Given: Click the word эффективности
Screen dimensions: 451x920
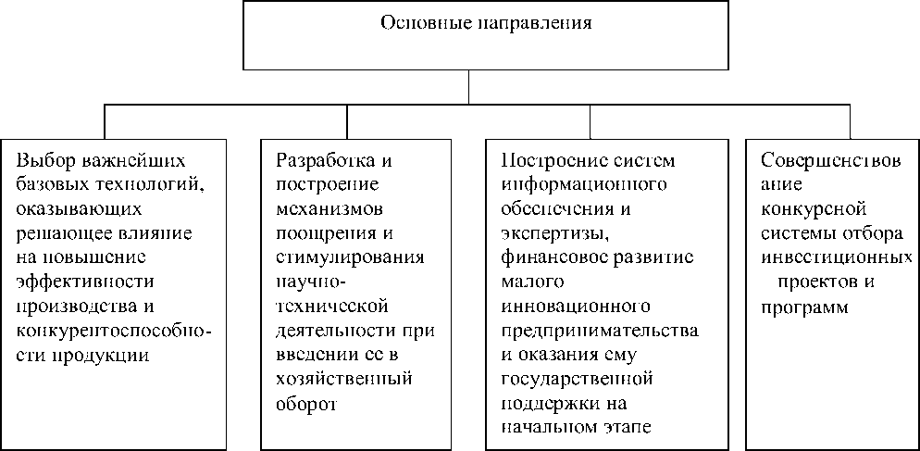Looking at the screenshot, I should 85,281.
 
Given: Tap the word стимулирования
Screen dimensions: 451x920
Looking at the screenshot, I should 350,256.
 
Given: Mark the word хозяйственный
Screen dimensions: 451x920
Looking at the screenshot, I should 344,379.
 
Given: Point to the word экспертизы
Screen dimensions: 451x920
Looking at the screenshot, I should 554,231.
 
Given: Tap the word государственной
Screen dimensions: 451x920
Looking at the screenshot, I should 578,379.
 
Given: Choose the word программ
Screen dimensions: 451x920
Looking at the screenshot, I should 803,307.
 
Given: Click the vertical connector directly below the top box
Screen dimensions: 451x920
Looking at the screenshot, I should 469,86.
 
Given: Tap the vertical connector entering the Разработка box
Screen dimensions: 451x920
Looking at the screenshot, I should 347,121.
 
